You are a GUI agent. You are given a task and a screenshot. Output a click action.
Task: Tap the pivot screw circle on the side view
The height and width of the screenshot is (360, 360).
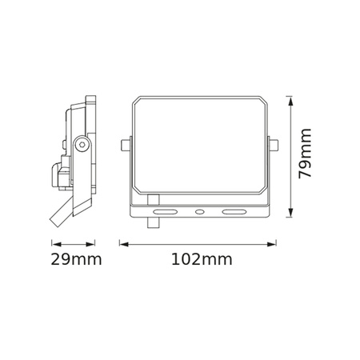coord(81,144)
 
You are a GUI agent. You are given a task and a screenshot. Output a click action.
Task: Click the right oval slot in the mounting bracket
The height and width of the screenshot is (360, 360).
coord(234,213)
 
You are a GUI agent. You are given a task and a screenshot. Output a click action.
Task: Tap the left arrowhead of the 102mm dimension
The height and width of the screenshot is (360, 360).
coord(122,242)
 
